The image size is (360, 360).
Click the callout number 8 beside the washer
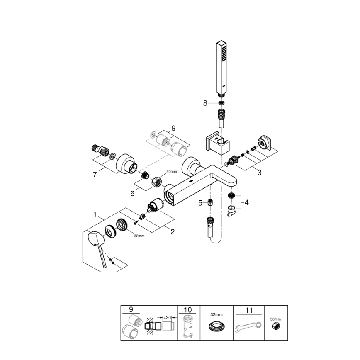[x=204, y=103]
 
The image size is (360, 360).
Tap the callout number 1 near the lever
[x=95, y=215]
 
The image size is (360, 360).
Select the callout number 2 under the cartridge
[x=172, y=232]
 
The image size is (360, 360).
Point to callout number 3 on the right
[x=259, y=173]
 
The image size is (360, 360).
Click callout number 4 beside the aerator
[x=200, y=203]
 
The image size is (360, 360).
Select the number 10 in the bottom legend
[x=188, y=309]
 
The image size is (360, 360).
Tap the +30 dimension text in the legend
[x=167, y=317]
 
